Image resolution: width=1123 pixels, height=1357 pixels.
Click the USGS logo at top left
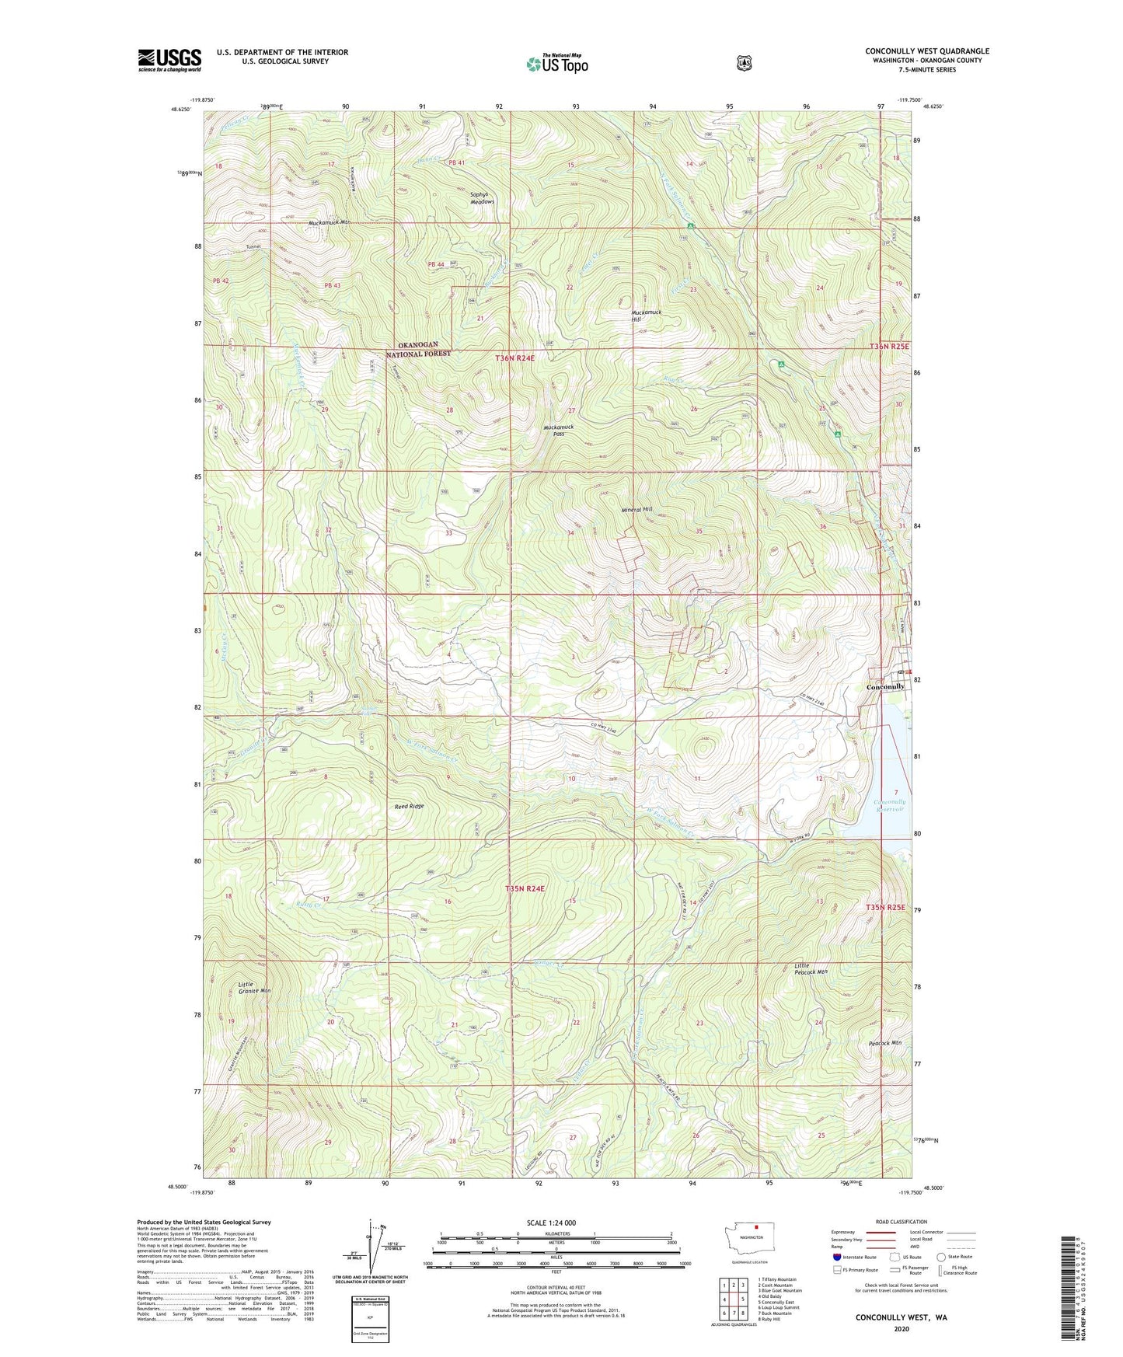tap(169, 60)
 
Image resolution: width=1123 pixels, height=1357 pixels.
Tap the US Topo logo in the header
tap(556, 64)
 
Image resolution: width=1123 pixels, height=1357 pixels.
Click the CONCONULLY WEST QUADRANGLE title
tap(926, 51)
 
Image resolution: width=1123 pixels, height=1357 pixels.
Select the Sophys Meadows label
tap(482, 198)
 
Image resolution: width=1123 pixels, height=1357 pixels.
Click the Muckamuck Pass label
tap(558, 431)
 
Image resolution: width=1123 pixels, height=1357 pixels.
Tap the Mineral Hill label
tap(636, 510)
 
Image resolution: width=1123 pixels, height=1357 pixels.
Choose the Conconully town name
tap(885, 687)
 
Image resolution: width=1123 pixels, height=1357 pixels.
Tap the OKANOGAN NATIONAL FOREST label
tap(418, 349)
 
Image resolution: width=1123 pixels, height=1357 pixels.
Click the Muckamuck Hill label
tap(646, 316)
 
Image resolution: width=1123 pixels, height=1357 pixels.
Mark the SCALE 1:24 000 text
tap(551, 1223)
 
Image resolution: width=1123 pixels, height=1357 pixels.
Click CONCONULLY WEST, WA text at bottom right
tap(901, 1318)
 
